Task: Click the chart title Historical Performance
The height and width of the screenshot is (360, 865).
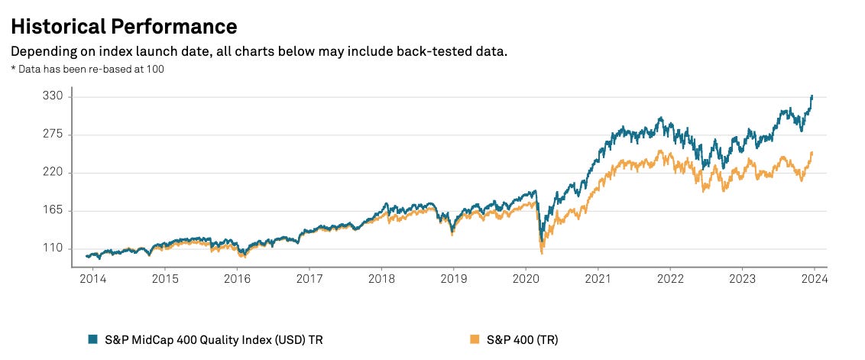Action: (x=123, y=26)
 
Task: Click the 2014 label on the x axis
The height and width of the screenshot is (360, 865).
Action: (x=92, y=280)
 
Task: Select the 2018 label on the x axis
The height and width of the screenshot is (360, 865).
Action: (x=381, y=280)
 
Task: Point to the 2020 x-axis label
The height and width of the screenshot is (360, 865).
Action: (x=526, y=280)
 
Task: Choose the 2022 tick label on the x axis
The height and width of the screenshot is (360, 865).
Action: (x=670, y=280)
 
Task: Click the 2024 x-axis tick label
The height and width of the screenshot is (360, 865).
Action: (x=814, y=280)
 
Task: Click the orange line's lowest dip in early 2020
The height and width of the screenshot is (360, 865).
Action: (x=541, y=253)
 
